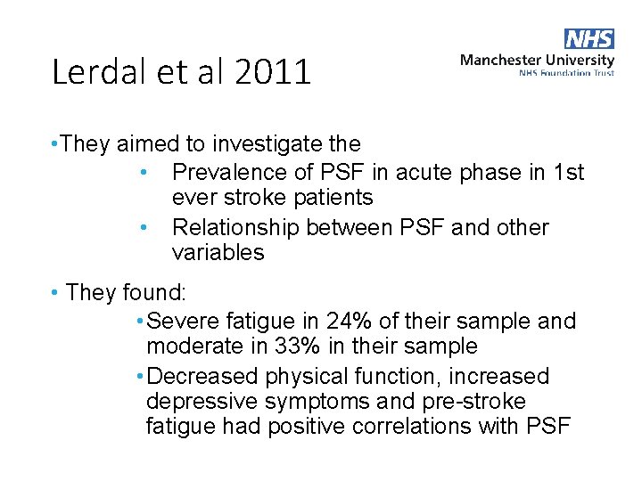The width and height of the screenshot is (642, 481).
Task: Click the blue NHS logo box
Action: point(589,39)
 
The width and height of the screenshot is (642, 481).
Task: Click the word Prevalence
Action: point(230,172)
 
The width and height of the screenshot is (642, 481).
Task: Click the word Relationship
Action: point(235,227)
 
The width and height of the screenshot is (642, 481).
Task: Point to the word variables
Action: point(218,252)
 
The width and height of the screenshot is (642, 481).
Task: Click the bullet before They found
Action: point(55,292)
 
